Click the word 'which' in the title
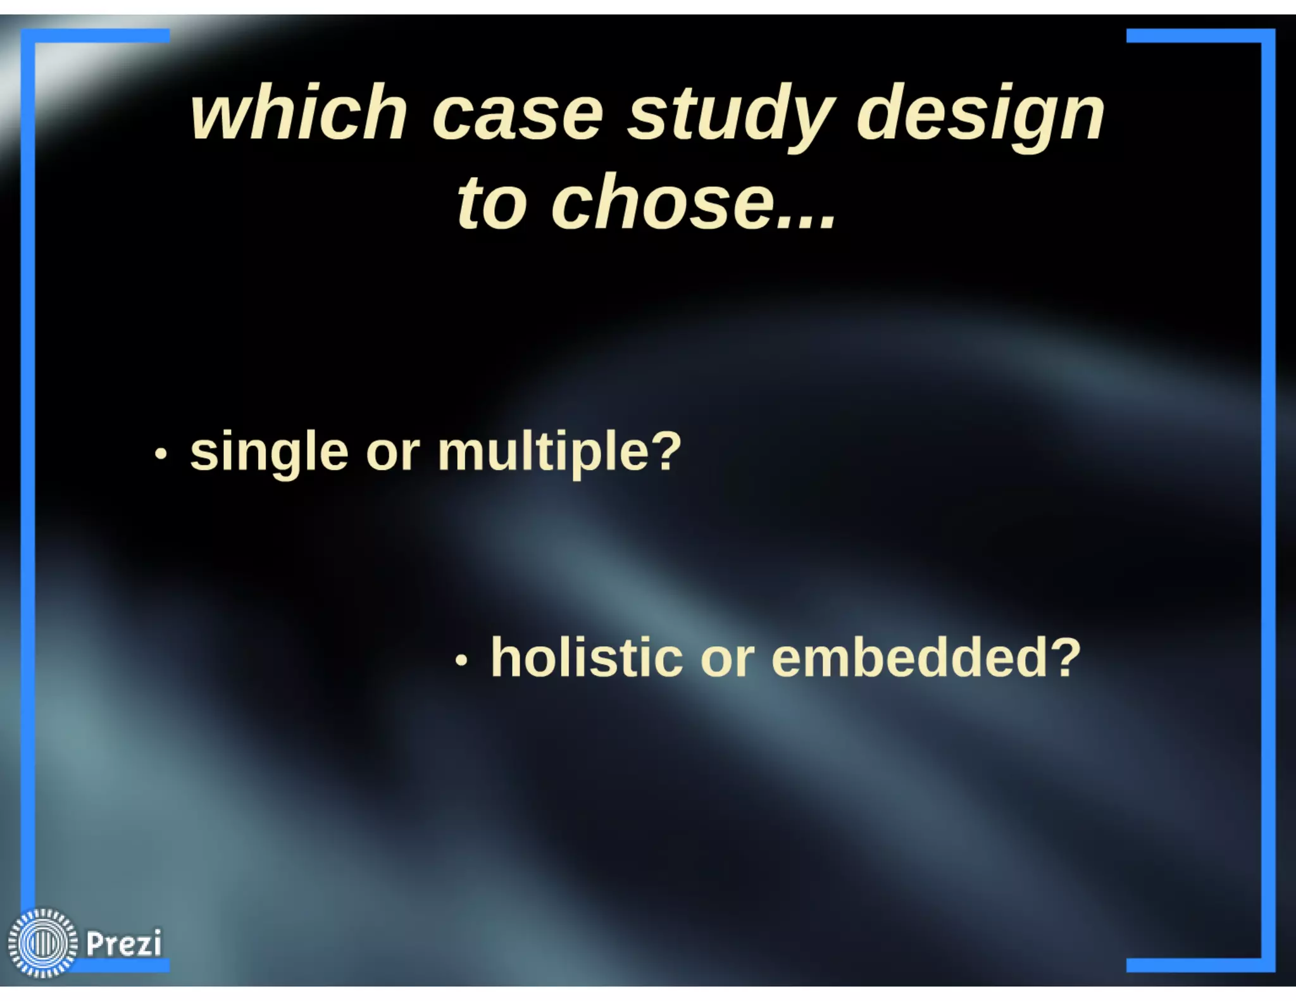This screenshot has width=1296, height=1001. point(298,114)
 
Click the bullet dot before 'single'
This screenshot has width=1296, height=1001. point(161,454)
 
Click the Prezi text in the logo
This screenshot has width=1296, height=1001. point(124,943)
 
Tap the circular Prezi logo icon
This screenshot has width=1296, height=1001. point(42,943)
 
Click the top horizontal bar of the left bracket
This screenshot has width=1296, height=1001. point(95,36)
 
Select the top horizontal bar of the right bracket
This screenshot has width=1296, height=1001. point(1200,36)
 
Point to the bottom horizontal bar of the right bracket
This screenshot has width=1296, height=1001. point(1200,965)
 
